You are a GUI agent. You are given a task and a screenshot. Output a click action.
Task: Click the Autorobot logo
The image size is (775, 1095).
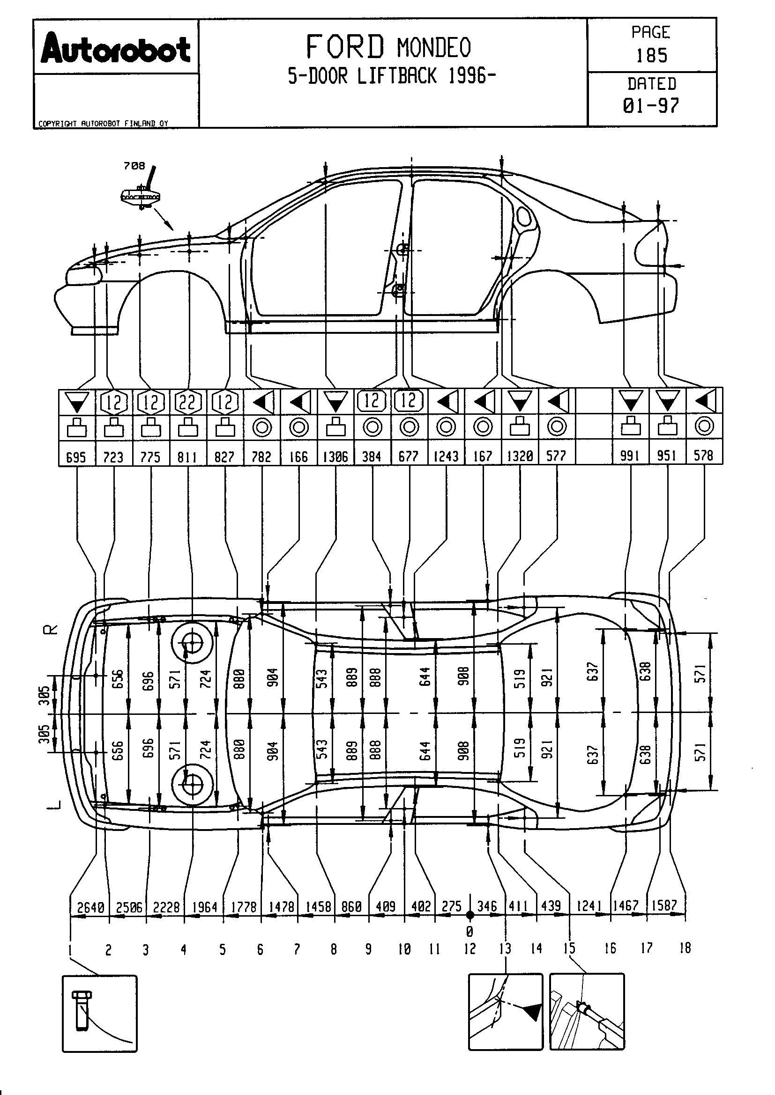click(115, 50)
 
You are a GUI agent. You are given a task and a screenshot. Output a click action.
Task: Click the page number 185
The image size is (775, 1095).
click(651, 56)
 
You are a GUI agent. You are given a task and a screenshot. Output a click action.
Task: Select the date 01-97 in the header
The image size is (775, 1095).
click(651, 105)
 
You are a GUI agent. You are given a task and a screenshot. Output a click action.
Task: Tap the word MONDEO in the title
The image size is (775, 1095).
click(434, 48)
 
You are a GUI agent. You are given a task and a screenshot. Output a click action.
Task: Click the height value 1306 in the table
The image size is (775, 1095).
click(335, 457)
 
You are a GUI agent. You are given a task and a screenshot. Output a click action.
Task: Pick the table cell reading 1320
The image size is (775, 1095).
click(520, 456)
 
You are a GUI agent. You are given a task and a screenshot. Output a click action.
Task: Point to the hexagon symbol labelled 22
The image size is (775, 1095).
click(187, 402)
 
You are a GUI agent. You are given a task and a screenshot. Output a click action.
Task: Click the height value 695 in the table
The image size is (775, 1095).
click(76, 457)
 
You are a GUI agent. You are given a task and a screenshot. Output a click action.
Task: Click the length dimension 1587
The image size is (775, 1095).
click(664, 905)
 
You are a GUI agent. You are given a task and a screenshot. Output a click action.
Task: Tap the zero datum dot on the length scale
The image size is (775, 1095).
click(470, 915)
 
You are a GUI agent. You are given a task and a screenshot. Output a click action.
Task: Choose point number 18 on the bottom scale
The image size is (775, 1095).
click(685, 948)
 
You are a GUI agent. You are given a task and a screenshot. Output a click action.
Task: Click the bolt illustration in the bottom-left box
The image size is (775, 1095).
click(82, 1010)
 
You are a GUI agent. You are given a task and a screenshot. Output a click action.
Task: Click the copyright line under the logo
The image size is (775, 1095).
click(103, 124)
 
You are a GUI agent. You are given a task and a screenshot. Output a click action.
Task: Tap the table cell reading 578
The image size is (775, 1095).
click(704, 456)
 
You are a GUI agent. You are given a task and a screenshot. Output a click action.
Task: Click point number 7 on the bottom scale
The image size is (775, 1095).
click(296, 949)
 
